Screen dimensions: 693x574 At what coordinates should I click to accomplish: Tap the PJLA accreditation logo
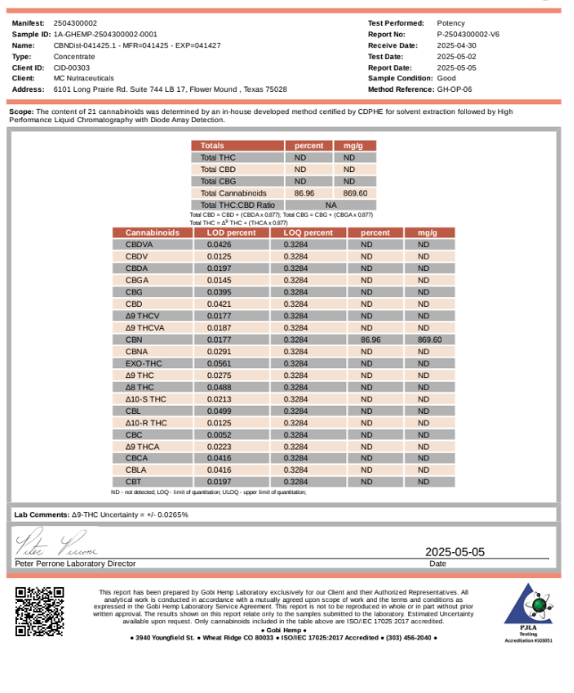pos(528,608)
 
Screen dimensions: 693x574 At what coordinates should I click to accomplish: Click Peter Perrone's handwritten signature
pos(56,543)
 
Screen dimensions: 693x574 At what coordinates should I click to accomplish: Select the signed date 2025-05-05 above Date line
pos(455,552)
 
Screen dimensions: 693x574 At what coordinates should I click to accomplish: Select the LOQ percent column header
pos(308,233)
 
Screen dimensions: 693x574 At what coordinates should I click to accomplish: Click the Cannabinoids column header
pos(152,233)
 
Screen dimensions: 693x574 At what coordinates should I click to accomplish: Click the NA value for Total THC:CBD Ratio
pos(330,204)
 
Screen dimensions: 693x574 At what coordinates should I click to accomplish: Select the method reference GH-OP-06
pos(454,89)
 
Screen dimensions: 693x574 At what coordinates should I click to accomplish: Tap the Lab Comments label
pos(42,515)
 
